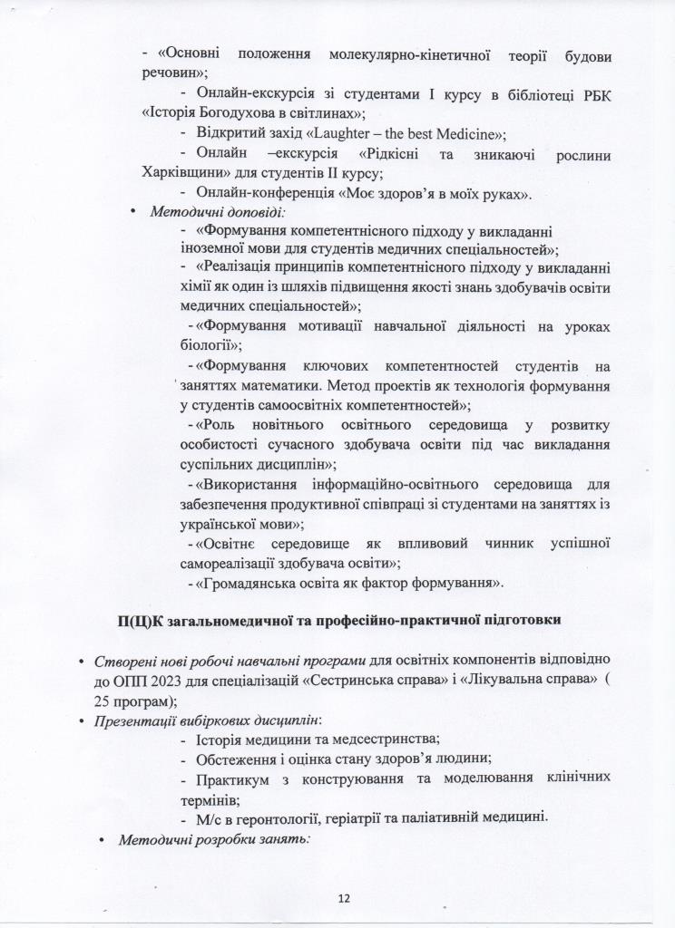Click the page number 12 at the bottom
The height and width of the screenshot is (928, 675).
[342, 898]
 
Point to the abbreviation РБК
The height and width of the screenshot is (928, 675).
[592, 92]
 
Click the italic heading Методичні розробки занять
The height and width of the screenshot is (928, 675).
[215, 839]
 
